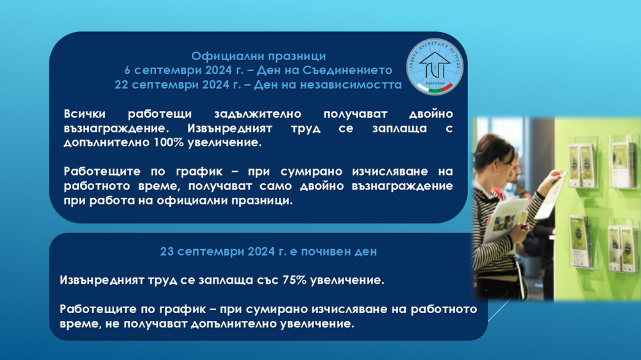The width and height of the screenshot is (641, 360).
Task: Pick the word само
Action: click(272, 186)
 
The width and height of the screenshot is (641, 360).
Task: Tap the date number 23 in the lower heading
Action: click(167, 252)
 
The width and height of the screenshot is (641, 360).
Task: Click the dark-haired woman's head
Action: click(494, 154)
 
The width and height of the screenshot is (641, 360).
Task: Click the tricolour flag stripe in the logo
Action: click(443, 88)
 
